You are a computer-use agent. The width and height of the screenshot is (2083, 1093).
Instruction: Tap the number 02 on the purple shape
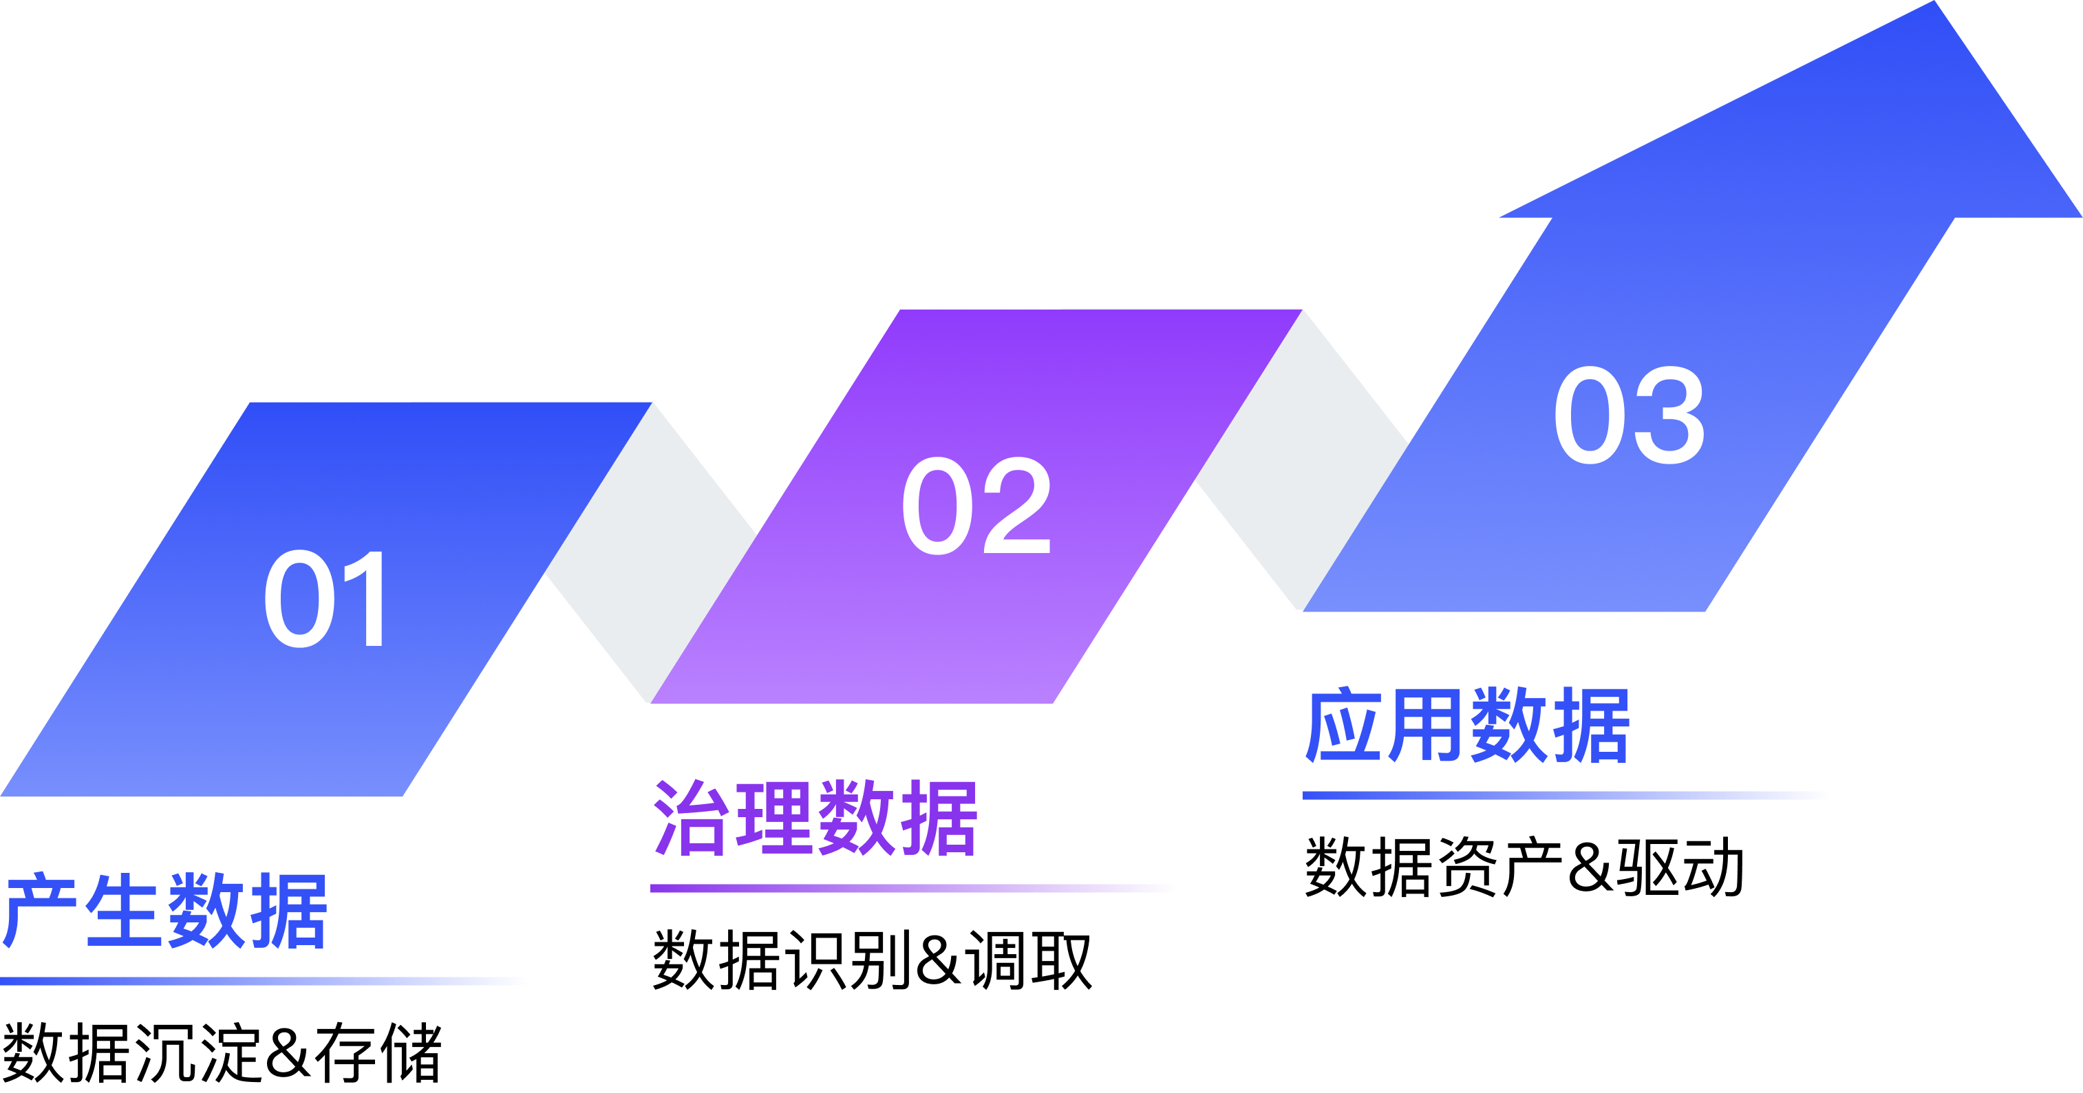pyautogui.click(x=976, y=506)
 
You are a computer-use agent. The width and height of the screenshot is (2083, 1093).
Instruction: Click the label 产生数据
pyautogui.click(x=165, y=911)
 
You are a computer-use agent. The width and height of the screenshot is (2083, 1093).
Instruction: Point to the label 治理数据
pyautogui.click(x=815, y=818)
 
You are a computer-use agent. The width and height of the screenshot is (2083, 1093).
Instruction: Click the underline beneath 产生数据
pyautogui.click(x=263, y=982)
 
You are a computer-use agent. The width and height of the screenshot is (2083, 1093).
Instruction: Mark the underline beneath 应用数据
pyautogui.click(x=1566, y=795)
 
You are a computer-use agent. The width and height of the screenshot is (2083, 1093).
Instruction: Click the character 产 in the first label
pyautogui.click(x=41, y=911)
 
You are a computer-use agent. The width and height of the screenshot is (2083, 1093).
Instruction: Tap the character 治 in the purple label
pyautogui.click(x=691, y=818)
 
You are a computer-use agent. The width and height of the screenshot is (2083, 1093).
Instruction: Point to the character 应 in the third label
pyautogui.click(x=1343, y=725)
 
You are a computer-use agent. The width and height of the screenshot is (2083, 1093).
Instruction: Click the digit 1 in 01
pyautogui.click(x=364, y=599)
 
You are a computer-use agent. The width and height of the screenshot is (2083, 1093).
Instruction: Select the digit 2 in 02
pyautogui.click(x=1016, y=506)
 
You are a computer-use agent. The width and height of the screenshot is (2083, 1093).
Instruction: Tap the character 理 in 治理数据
pyautogui.click(x=774, y=818)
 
